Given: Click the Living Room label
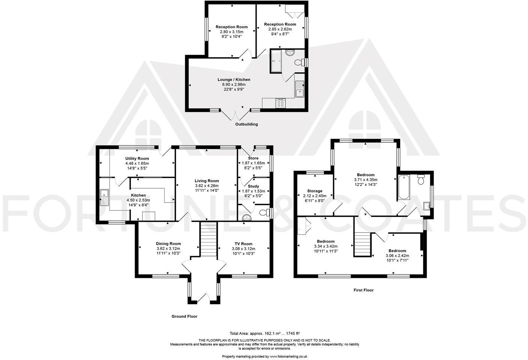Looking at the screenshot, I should tap(207, 181).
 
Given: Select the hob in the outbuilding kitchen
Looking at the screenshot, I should tap(280, 103).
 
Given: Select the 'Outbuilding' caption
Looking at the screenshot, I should tap(246, 124).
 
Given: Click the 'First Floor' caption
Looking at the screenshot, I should tap(363, 290).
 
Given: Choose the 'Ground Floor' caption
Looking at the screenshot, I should tap(184, 316).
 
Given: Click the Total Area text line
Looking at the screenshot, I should tap(264, 333).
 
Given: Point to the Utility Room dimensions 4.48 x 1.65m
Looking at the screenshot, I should tap(137, 163).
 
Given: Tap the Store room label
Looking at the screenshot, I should tap(253, 158).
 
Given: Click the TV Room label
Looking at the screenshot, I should tap(243, 244).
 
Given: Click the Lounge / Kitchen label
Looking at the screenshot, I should tap(234, 79).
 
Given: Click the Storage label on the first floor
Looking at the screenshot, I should tap(315, 191).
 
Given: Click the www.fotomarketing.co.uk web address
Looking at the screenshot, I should tap(288, 356).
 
